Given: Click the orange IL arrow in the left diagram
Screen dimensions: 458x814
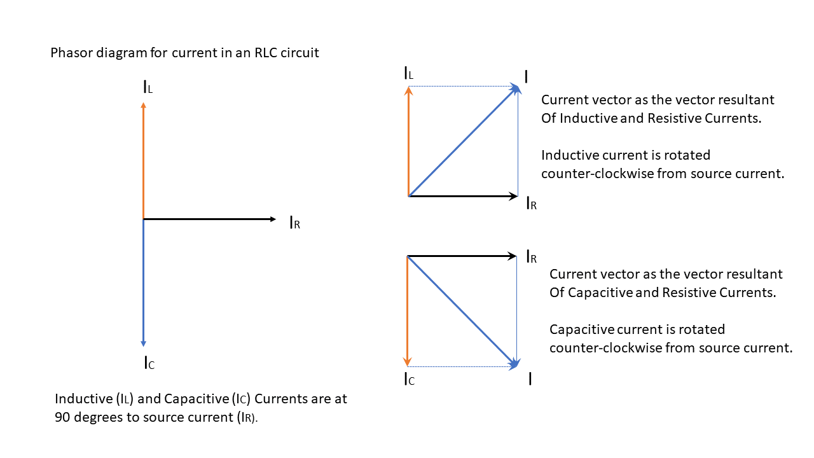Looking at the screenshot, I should click(x=143, y=162).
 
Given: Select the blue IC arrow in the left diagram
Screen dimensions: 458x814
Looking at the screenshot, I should click(x=143, y=283).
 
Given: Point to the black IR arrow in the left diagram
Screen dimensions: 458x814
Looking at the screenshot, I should click(x=210, y=219).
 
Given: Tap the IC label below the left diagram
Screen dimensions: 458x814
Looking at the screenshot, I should click(x=149, y=363).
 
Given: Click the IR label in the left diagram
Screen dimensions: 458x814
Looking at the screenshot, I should click(x=294, y=223).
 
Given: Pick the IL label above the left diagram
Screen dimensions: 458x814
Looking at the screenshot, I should click(x=148, y=87).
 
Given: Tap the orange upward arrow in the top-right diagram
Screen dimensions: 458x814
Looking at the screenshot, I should click(x=408, y=141).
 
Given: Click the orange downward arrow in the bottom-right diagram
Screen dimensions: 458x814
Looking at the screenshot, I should click(x=407, y=312).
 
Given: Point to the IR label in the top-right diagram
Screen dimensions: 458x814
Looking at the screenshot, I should click(x=532, y=204).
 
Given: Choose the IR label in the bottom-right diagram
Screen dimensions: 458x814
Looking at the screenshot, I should click(x=532, y=257).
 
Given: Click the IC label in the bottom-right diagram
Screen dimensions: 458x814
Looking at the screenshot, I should click(x=409, y=380).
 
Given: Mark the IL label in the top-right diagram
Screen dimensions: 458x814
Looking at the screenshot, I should click(x=409, y=73).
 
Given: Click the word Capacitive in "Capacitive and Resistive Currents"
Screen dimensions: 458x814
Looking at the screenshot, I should click(x=600, y=293).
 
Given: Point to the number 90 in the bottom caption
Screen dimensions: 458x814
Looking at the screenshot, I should click(x=62, y=418).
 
